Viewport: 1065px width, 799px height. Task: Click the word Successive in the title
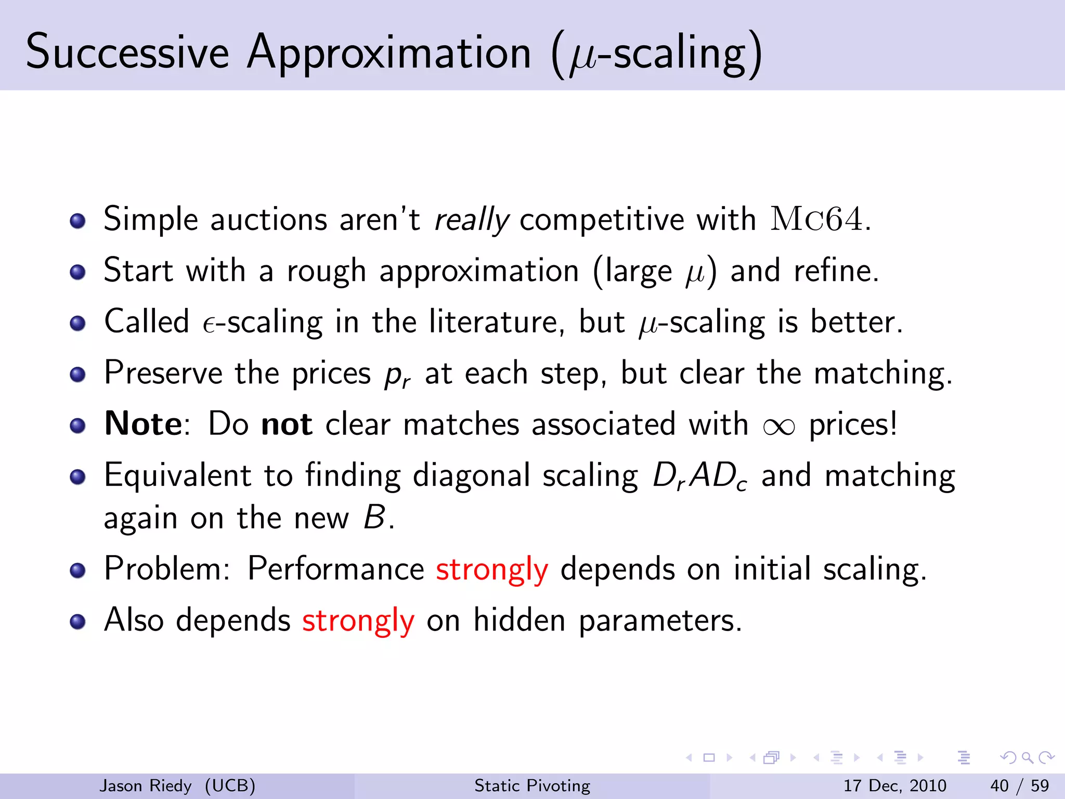127,52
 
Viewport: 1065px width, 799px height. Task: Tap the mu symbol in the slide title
583,58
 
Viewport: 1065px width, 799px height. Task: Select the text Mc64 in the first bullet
816,219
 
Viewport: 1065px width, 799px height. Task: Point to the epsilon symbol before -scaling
209,325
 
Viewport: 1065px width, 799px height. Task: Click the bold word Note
143,424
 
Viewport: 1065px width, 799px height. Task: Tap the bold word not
287,424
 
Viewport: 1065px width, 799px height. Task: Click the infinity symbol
778,427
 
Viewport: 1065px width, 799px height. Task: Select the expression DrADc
700,476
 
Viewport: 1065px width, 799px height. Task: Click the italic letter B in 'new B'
374,518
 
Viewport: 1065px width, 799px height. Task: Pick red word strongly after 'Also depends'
358,621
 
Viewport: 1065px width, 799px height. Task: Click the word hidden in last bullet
519,620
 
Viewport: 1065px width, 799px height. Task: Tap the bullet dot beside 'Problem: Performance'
77,570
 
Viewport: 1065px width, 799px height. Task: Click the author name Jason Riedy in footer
145,785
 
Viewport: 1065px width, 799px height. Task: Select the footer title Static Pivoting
532,785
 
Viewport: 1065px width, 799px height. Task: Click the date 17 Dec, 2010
894,785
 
